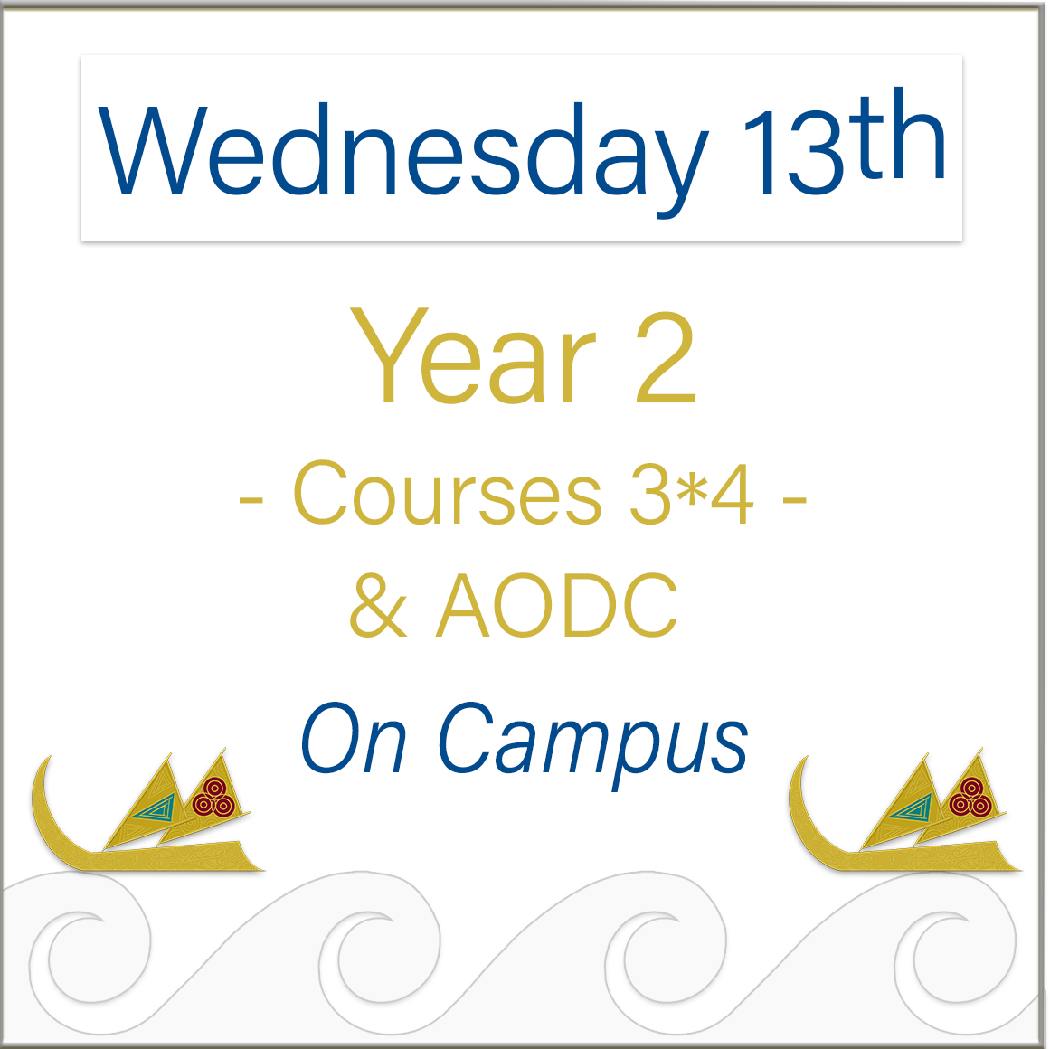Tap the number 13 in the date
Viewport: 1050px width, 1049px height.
click(x=793, y=152)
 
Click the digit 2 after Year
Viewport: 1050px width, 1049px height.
click(x=665, y=358)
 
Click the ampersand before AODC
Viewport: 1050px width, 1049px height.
click(x=378, y=605)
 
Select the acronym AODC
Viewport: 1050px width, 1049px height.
click(x=557, y=605)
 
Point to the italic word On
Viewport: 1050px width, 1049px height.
click(x=354, y=738)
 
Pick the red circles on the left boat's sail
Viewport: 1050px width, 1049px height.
click(x=213, y=798)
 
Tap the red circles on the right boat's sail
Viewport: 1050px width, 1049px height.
click(x=970, y=798)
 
